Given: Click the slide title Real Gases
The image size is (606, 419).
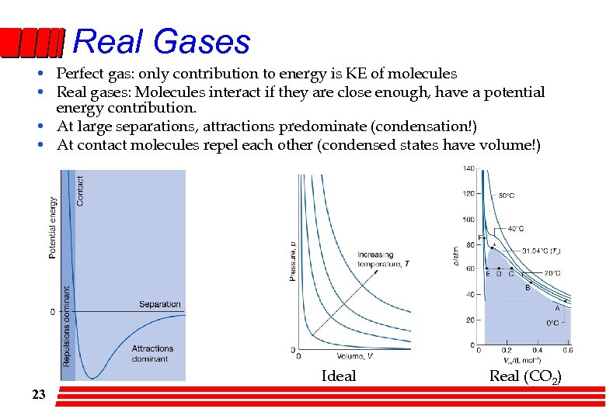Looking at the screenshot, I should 162,41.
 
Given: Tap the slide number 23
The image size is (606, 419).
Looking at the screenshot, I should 39,395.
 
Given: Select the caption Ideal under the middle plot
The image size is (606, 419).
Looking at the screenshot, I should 339,376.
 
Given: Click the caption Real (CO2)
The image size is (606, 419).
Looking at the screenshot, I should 525,376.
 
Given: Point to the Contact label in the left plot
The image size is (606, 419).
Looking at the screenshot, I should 81,190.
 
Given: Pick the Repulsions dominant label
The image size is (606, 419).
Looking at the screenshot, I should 67,326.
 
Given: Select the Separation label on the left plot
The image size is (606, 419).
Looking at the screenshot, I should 159,304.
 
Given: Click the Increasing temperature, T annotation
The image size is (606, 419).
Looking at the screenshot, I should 383,259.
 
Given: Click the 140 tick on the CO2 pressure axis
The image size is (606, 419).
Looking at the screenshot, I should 469,168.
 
